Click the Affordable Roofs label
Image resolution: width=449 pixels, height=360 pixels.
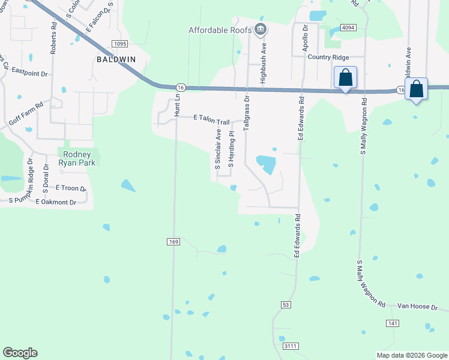(x=220, y=30)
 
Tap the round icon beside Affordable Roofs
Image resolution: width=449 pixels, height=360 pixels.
(x=260, y=29)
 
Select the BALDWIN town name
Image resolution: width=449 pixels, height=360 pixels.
(x=116, y=59)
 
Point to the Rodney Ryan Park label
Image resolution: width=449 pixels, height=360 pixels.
(x=77, y=158)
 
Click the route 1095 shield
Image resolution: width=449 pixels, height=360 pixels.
(x=120, y=44)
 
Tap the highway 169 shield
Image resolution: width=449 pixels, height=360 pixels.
(x=173, y=242)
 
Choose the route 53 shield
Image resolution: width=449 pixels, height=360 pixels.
(x=285, y=305)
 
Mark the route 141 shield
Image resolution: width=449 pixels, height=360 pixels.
(x=392, y=323)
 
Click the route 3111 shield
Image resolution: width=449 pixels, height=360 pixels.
(x=291, y=347)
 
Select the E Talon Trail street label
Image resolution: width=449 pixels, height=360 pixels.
(x=211, y=120)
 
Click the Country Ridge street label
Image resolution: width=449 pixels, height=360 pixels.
(x=328, y=57)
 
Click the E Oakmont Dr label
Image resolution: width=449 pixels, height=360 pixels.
(x=55, y=202)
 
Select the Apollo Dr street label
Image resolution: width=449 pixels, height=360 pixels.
(x=306, y=37)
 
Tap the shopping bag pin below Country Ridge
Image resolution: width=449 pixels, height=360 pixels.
(x=345, y=78)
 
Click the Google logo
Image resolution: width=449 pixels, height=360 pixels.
(x=20, y=353)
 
